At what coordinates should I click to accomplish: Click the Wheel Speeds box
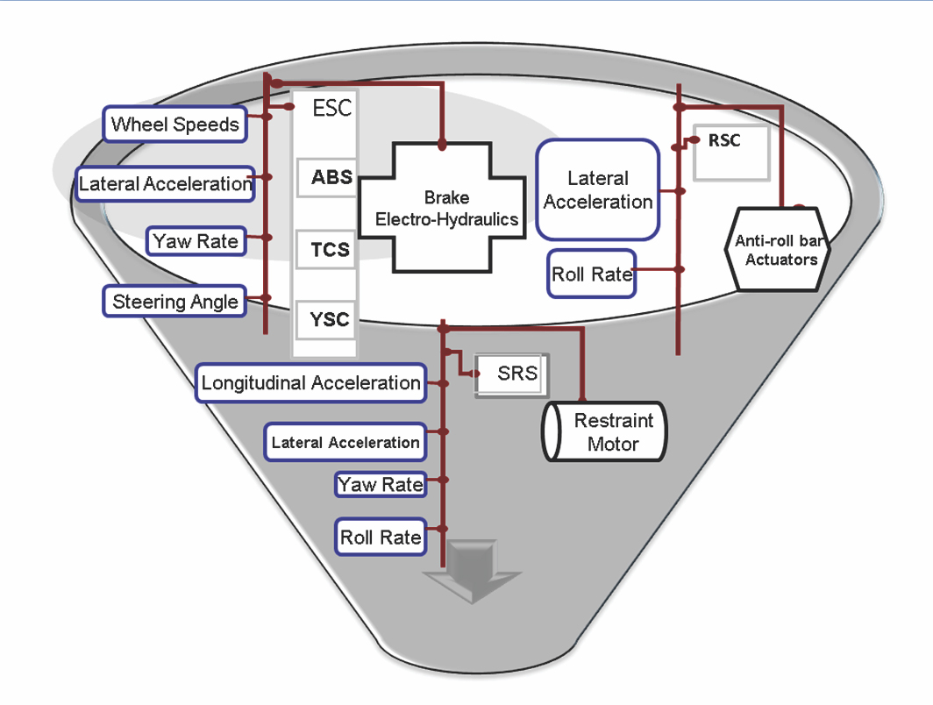click(x=175, y=124)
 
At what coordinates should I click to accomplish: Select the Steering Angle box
click(x=175, y=302)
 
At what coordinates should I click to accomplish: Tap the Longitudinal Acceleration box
click(x=310, y=383)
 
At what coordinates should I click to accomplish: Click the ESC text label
click(x=331, y=109)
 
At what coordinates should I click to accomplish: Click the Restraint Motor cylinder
click(x=605, y=432)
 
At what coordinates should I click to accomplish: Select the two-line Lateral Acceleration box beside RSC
click(x=598, y=189)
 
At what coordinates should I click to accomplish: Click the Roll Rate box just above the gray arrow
click(x=381, y=537)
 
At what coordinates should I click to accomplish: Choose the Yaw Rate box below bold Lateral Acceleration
click(x=381, y=484)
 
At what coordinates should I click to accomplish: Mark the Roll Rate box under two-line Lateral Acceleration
click(x=591, y=274)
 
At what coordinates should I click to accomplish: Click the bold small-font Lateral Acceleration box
click(x=345, y=442)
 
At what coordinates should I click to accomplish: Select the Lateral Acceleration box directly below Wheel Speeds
click(x=165, y=183)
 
